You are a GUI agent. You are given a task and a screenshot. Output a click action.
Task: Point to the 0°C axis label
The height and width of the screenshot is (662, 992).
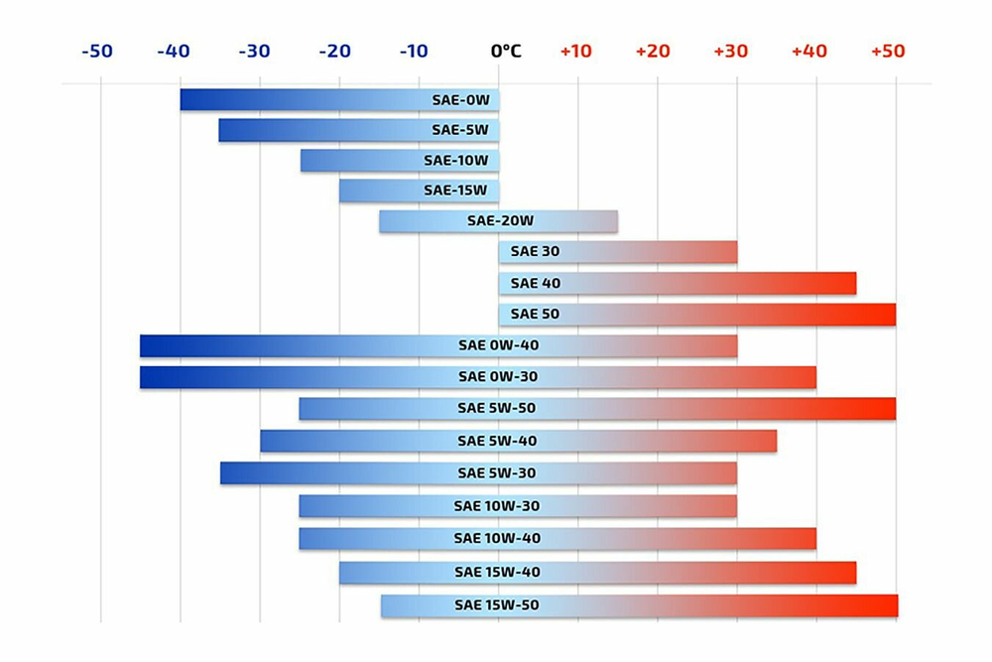(506, 51)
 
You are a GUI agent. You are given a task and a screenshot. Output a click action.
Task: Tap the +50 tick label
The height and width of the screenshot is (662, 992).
(888, 51)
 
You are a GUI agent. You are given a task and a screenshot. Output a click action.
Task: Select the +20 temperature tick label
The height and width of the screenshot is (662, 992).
(653, 51)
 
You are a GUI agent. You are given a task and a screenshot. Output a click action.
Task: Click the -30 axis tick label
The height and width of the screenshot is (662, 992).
(255, 51)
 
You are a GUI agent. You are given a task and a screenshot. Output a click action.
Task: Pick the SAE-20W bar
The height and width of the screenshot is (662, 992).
(498, 221)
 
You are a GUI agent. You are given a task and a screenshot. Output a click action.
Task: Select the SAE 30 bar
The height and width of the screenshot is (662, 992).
(618, 252)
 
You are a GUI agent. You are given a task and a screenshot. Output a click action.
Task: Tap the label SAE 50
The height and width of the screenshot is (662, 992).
(536, 314)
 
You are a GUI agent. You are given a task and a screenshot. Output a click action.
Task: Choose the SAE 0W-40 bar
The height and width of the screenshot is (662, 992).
(438, 346)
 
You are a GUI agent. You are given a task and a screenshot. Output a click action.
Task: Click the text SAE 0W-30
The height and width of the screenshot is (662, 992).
(499, 377)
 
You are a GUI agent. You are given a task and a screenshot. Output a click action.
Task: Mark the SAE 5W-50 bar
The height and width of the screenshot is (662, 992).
(597, 409)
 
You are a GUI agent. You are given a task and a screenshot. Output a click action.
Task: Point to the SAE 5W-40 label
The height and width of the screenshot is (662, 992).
(498, 441)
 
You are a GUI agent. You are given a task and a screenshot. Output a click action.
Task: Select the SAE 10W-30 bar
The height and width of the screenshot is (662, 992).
(518, 506)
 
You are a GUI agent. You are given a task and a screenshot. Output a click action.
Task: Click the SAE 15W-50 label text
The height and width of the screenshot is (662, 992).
(497, 604)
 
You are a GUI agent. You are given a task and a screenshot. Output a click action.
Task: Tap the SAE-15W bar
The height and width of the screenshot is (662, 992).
(419, 191)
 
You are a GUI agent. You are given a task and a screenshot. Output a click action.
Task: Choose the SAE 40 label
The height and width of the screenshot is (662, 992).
(536, 283)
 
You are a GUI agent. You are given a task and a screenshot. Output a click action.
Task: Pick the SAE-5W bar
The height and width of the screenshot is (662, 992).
(359, 130)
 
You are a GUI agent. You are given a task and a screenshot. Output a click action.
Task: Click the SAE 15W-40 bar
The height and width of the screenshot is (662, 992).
(597, 573)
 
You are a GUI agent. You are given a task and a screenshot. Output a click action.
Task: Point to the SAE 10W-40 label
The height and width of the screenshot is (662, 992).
(497, 538)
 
